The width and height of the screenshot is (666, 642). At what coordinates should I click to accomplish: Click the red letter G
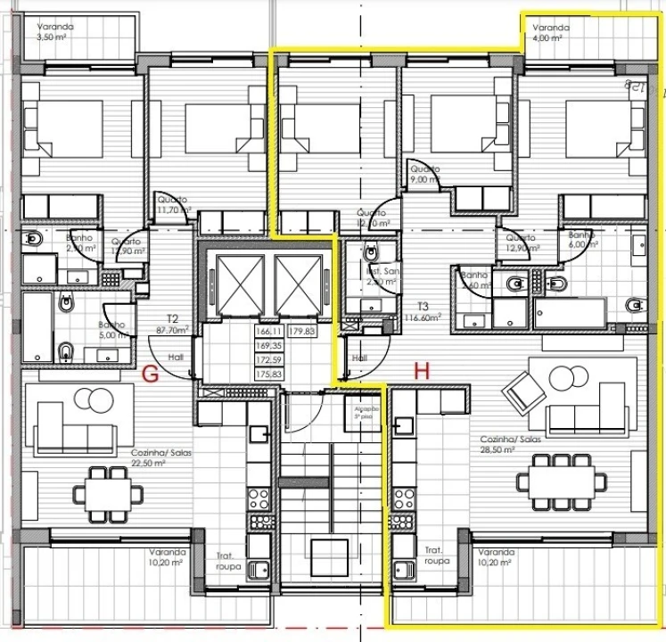pyautogui.click(x=152, y=374)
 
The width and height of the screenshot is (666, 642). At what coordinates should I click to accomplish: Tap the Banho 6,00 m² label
pyautogui.click(x=583, y=239)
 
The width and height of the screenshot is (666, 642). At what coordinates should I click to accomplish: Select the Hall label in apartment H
pyautogui.click(x=359, y=358)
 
